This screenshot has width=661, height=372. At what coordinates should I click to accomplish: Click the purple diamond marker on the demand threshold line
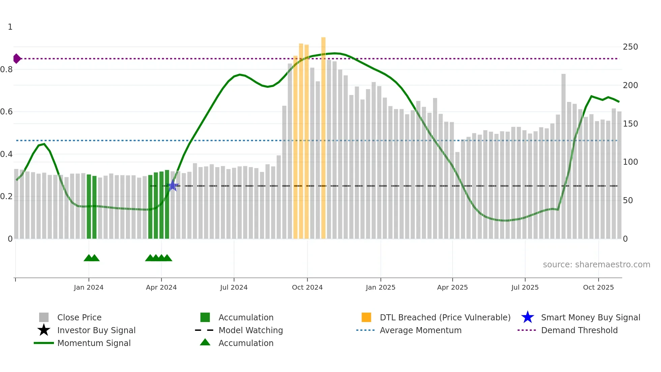17,58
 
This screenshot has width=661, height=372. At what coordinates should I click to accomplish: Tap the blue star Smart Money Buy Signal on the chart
172,185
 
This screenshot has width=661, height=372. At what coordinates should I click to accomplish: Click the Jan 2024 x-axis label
88,287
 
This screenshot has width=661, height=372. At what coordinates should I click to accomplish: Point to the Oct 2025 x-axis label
598,287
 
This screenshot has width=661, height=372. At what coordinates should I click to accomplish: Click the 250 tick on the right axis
630,47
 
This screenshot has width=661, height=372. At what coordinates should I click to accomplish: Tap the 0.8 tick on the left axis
7,70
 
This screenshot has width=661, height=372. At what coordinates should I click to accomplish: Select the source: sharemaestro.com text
596,264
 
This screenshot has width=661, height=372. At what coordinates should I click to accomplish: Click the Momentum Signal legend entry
94,343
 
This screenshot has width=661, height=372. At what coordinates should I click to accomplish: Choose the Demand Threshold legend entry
579,330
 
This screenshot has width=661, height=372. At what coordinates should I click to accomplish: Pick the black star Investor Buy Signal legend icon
44,330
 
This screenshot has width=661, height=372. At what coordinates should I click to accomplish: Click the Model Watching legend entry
250,330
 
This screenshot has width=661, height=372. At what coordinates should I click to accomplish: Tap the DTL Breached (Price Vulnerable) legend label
445,317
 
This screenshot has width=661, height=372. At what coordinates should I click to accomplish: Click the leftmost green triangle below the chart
88,258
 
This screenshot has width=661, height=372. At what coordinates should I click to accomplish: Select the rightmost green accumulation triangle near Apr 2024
167,258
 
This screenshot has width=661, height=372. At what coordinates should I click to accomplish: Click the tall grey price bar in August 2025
563,155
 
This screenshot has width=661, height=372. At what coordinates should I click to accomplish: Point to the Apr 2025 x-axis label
452,287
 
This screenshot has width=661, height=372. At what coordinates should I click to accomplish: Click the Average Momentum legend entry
420,330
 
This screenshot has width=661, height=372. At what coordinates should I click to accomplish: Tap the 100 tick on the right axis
630,162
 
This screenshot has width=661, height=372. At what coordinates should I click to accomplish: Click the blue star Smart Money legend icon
527,317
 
